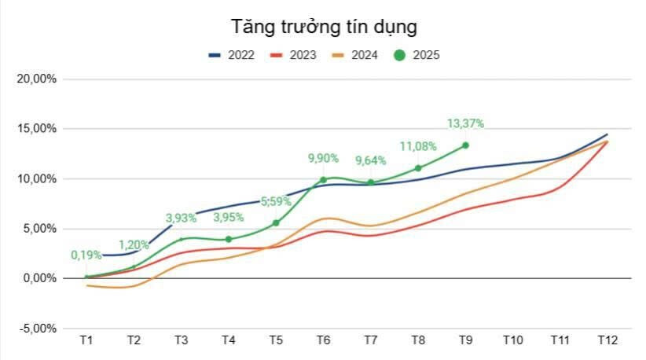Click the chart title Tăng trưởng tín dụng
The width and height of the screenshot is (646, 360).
(323, 26)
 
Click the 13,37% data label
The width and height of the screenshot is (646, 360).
(465, 123)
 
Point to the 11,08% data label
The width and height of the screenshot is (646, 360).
(418, 146)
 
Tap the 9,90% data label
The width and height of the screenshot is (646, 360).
(323, 159)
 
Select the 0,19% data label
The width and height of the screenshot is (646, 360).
(87, 255)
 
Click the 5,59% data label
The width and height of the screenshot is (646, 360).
(276, 201)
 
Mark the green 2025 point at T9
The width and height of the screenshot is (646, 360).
(465, 145)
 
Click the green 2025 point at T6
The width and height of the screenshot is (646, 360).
(323, 180)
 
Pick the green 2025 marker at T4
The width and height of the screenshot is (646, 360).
(229, 239)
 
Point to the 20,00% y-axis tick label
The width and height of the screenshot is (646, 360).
(36, 79)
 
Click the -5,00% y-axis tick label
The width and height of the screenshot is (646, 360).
(36, 329)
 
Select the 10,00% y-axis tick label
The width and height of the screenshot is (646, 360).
(36, 179)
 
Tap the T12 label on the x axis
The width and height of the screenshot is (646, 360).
(607, 340)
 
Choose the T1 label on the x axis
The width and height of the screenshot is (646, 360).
(86, 340)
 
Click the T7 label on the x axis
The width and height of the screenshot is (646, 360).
(370, 340)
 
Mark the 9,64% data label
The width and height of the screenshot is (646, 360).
(371, 161)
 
